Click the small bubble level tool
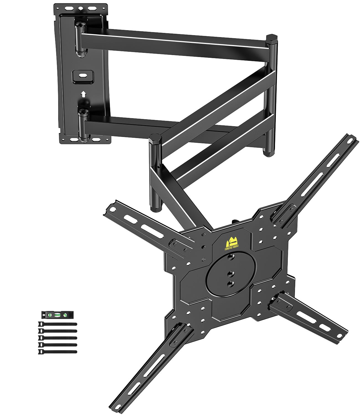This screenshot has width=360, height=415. point(57,315)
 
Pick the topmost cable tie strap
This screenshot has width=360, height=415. point(57,324)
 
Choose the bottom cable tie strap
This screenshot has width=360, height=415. point(57,352)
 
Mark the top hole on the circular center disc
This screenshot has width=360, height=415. point(230,258)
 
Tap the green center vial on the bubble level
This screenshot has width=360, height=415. point(58,315)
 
